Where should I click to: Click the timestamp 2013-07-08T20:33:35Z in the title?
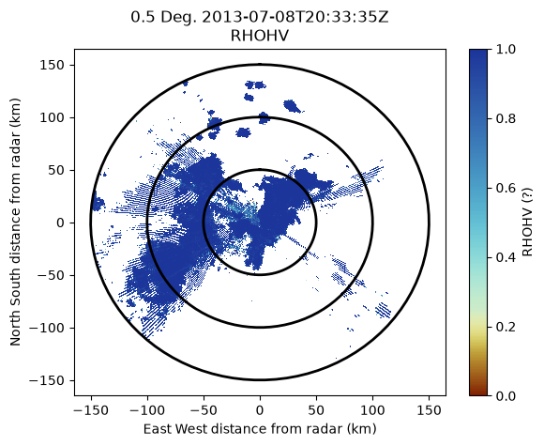(x=295, y=17)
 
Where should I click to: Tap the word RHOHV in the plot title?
(x=260, y=36)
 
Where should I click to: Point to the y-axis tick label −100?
(x=49, y=328)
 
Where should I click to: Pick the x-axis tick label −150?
(x=91, y=410)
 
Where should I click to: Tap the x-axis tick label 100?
(x=372, y=410)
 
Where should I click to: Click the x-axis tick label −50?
(x=204, y=410)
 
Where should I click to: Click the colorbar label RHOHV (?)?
(x=528, y=223)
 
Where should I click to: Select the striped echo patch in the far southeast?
(x=384, y=310)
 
